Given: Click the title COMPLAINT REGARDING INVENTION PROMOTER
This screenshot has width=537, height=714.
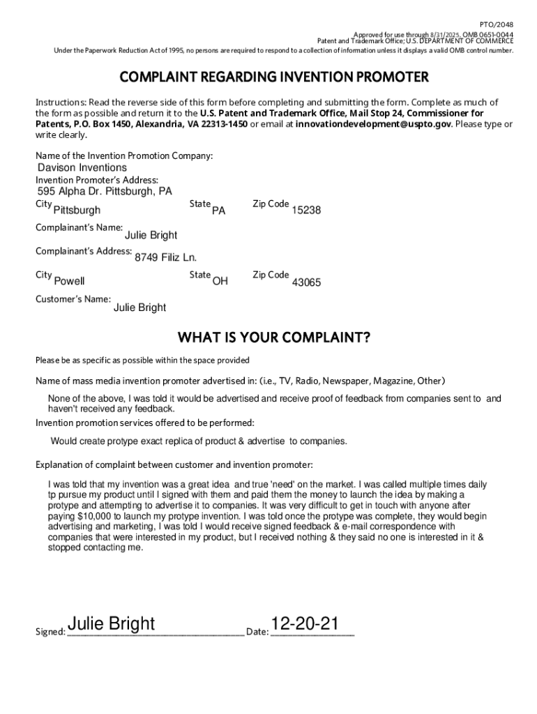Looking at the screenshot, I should point(274,77).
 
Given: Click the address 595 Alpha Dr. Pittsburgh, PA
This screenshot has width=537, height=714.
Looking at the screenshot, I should point(104,192).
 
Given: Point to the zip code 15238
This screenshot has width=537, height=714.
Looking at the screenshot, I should point(306,211).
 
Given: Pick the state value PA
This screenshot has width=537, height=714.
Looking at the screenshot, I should point(218,211).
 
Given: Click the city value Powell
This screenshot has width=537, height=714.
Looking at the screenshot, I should point(69,282).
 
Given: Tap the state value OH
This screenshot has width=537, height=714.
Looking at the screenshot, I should point(220,282).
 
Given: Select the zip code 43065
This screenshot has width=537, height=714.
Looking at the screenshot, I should point(306,282).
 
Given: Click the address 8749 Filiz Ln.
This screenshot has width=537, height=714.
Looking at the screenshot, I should point(160,258).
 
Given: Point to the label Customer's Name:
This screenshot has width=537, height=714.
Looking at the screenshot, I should point(73,300).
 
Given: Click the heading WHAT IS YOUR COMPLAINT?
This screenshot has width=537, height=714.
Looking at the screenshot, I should point(274,338).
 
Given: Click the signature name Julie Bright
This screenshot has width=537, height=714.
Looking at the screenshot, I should point(112,623).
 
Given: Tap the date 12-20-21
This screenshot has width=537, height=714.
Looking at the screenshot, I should point(305,623).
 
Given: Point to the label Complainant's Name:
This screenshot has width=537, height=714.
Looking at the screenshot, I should point(79,227).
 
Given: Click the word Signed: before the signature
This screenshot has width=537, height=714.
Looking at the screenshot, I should point(50,632).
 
